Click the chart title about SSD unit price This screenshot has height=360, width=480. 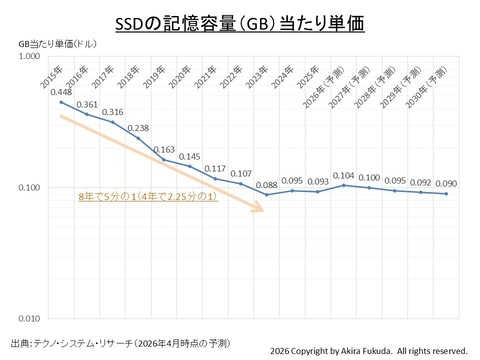tap(240, 24)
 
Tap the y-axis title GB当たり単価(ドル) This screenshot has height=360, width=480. tap(57, 44)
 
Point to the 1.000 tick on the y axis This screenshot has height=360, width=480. tap(29, 56)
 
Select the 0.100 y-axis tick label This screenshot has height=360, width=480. tap(29, 188)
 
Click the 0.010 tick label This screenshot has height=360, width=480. tap(29, 319)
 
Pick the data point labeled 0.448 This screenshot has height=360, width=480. tap(61, 102)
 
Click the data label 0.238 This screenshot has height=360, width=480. tap(138, 128)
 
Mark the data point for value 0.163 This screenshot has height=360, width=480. tap(164, 160)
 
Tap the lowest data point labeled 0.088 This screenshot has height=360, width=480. tap(266, 195)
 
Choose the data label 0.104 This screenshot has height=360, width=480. tap(344, 176)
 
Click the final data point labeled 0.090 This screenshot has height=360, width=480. tap(447, 194)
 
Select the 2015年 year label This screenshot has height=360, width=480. tap(52, 78)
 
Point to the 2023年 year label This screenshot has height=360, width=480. tap(257, 78)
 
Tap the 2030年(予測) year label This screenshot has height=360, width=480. tap(426, 88)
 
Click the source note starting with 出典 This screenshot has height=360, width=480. tap(120, 343)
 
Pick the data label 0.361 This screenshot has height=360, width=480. tap(87, 105)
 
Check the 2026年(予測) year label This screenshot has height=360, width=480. tap(323, 88)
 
